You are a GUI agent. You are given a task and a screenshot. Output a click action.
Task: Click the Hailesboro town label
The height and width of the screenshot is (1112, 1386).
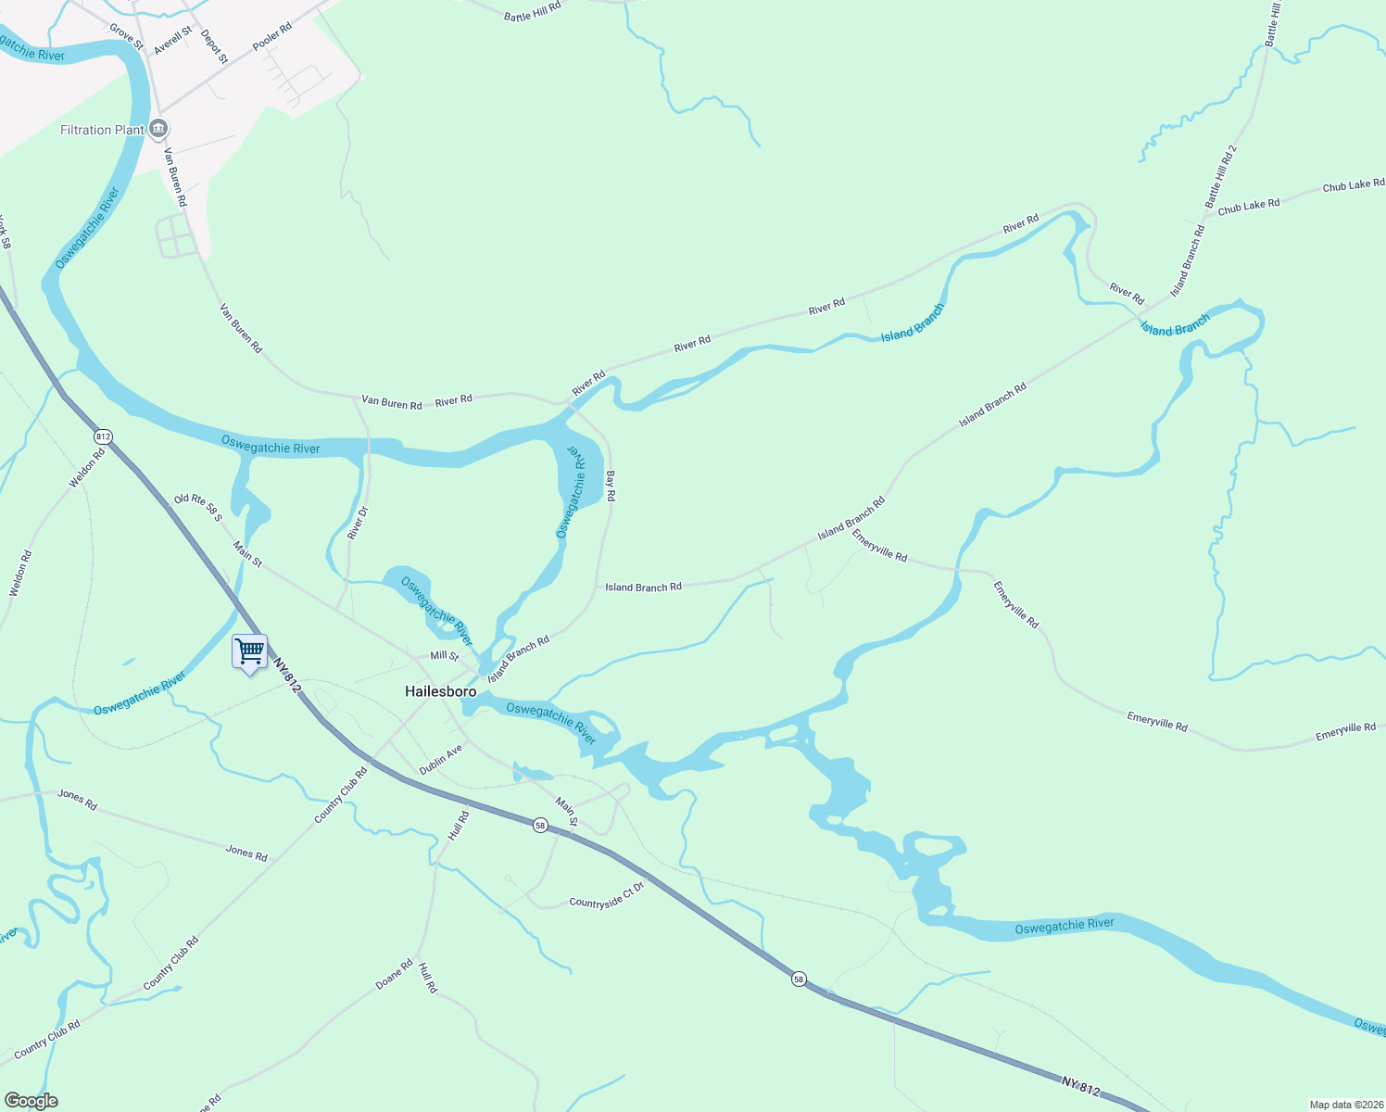pyautogui.click(x=441, y=691)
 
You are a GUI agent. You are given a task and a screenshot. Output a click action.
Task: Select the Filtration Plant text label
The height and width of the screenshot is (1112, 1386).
pyautogui.click(x=102, y=130)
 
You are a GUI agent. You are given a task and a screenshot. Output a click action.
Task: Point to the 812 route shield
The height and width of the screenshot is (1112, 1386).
pyautogui.click(x=103, y=436)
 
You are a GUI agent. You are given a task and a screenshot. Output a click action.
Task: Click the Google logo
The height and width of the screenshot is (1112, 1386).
pyautogui.click(x=31, y=1101)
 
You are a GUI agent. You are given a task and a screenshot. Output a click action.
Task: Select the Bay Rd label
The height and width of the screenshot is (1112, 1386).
pyautogui.click(x=610, y=486)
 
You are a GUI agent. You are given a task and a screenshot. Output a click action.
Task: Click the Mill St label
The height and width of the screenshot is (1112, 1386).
pyautogui.click(x=445, y=656)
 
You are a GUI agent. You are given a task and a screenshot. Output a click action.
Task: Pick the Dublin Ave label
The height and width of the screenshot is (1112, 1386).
pyautogui.click(x=440, y=759)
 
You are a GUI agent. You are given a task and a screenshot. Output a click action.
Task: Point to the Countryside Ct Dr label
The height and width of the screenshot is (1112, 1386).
pyautogui.click(x=606, y=896)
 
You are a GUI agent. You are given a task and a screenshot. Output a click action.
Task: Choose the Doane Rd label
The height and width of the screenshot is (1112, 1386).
pyautogui.click(x=394, y=974)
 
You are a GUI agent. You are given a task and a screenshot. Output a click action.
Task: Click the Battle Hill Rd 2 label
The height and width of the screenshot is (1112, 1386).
pyautogui.click(x=1220, y=175)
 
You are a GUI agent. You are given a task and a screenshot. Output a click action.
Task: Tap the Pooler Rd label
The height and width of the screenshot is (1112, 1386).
pyautogui.click(x=272, y=37)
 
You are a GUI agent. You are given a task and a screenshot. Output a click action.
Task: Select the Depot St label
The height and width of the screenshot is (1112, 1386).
pyautogui.click(x=214, y=45)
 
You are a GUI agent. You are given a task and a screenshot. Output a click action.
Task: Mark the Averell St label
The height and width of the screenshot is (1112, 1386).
pyautogui.click(x=173, y=40)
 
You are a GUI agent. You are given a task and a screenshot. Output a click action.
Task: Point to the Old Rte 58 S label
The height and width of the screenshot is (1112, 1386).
pyautogui.click(x=198, y=507)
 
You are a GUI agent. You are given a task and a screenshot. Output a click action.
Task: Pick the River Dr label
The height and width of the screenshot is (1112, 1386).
pyautogui.click(x=357, y=523)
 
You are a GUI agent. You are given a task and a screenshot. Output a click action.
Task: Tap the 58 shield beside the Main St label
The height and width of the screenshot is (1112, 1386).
pyautogui.click(x=540, y=825)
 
